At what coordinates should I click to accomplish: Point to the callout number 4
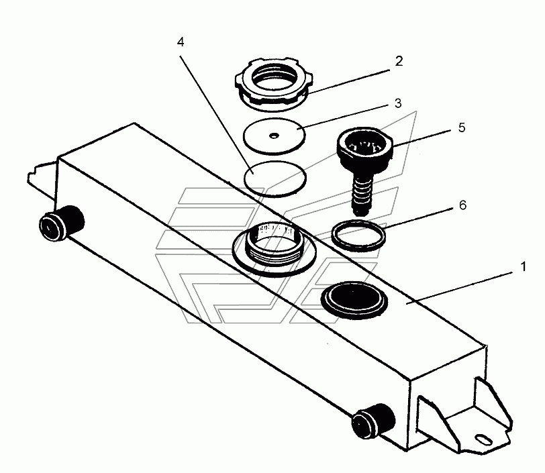pyautogui.click(x=181, y=42)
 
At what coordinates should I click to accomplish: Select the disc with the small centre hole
pyautogui.click(x=272, y=134)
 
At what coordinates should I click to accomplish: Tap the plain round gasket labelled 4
pyautogui.click(x=275, y=178)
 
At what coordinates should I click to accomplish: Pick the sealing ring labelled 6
pyautogui.click(x=360, y=235)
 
